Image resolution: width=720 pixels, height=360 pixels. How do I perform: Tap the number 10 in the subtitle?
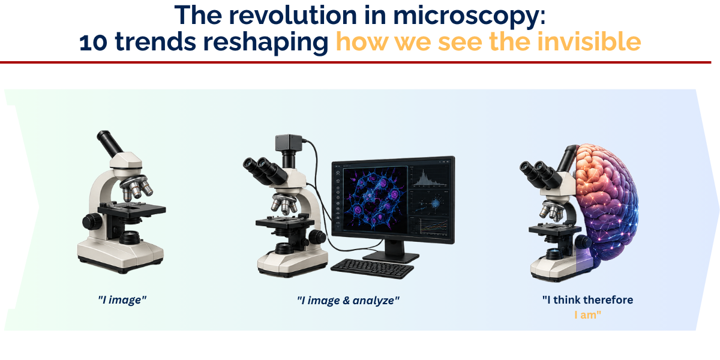93,43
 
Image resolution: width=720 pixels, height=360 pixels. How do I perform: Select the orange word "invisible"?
589,42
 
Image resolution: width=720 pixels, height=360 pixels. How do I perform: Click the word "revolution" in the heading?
293,15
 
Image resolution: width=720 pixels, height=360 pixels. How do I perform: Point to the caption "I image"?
122,300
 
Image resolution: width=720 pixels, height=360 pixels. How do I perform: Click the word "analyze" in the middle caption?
376,301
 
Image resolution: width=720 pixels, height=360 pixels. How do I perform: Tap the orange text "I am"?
587,314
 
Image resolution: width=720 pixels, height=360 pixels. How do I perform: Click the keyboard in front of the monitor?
372,268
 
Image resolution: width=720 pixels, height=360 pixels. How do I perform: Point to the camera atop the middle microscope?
289,142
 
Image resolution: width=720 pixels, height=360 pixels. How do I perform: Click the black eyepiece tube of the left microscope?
110,143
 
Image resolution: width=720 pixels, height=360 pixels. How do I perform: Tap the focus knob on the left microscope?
92,221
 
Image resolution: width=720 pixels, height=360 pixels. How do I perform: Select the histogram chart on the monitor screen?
430,178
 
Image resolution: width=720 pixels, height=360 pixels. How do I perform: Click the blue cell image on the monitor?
375,199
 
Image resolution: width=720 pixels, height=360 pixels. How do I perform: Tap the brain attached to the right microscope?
606,206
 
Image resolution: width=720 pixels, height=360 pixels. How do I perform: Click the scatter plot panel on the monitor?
430,203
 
